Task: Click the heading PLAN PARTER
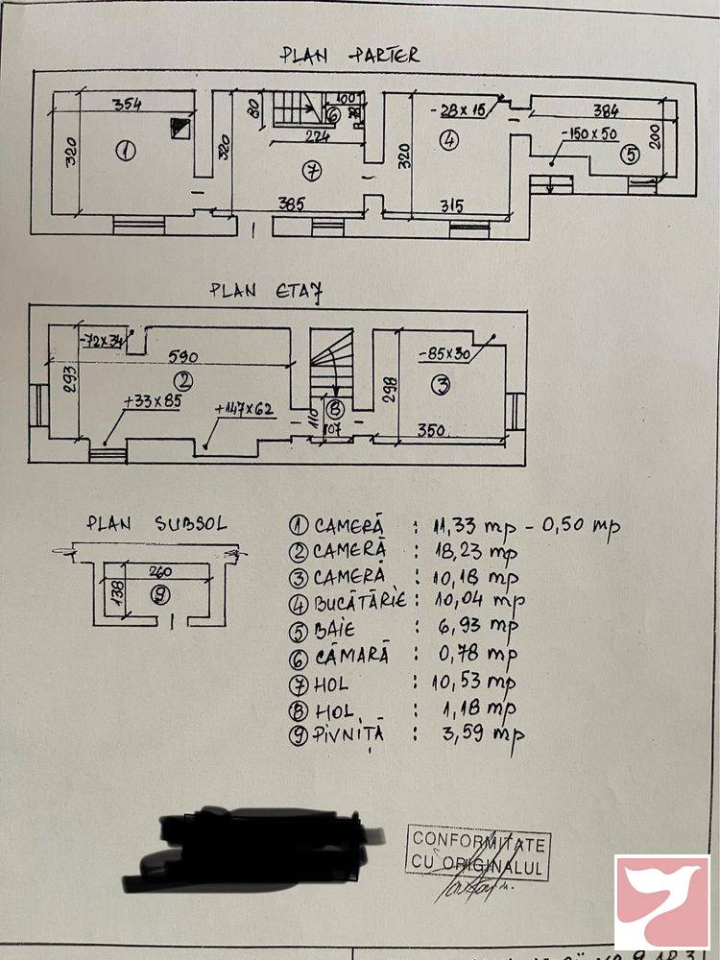[349, 55]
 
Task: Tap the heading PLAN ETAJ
[264, 289]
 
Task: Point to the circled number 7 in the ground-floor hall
[310, 172]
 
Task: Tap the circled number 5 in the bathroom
[628, 153]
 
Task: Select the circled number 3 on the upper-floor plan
[442, 386]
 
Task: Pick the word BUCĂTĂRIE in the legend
[359, 601]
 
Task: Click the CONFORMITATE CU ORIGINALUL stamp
[478, 853]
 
